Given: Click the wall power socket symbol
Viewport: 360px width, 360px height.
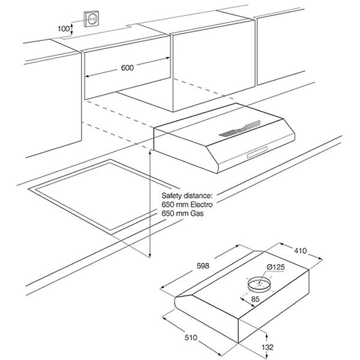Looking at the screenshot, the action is tap(92, 19).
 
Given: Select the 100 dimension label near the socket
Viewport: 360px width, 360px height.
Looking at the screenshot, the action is tap(63, 29).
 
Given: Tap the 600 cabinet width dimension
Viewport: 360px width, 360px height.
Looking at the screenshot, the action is tap(127, 68).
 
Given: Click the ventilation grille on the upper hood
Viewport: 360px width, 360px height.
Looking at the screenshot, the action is tap(239, 129).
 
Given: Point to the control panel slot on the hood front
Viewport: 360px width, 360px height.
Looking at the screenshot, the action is tap(257, 152).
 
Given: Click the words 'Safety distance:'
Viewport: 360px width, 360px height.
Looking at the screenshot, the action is tap(187, 196).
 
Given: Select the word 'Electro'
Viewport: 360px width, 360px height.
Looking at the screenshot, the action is tap(202, 205).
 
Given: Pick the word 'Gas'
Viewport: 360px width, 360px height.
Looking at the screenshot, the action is tap(197, 213).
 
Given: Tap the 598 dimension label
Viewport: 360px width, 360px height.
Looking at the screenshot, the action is tap(203, 266).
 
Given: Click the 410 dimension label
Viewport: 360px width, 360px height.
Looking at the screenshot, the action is tap(301, 250).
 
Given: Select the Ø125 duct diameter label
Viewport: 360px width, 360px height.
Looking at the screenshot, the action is tap(276, 267).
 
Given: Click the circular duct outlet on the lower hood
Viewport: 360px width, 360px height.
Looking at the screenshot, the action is tap(259, 284).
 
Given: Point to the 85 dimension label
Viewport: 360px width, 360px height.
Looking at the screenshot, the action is tap(256, 299).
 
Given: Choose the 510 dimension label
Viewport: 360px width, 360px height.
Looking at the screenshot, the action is tap(191, 337).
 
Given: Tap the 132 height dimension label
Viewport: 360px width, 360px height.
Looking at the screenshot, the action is tap(268, 347).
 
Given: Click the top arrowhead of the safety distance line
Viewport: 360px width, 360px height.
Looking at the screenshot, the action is tap(150, 152).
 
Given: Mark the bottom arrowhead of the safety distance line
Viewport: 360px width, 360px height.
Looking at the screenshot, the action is tap(150, 256).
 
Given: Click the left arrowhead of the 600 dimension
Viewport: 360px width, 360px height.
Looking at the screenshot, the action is tap(88, 76).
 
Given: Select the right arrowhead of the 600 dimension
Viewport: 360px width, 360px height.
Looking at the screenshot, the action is tap(167, 58).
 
